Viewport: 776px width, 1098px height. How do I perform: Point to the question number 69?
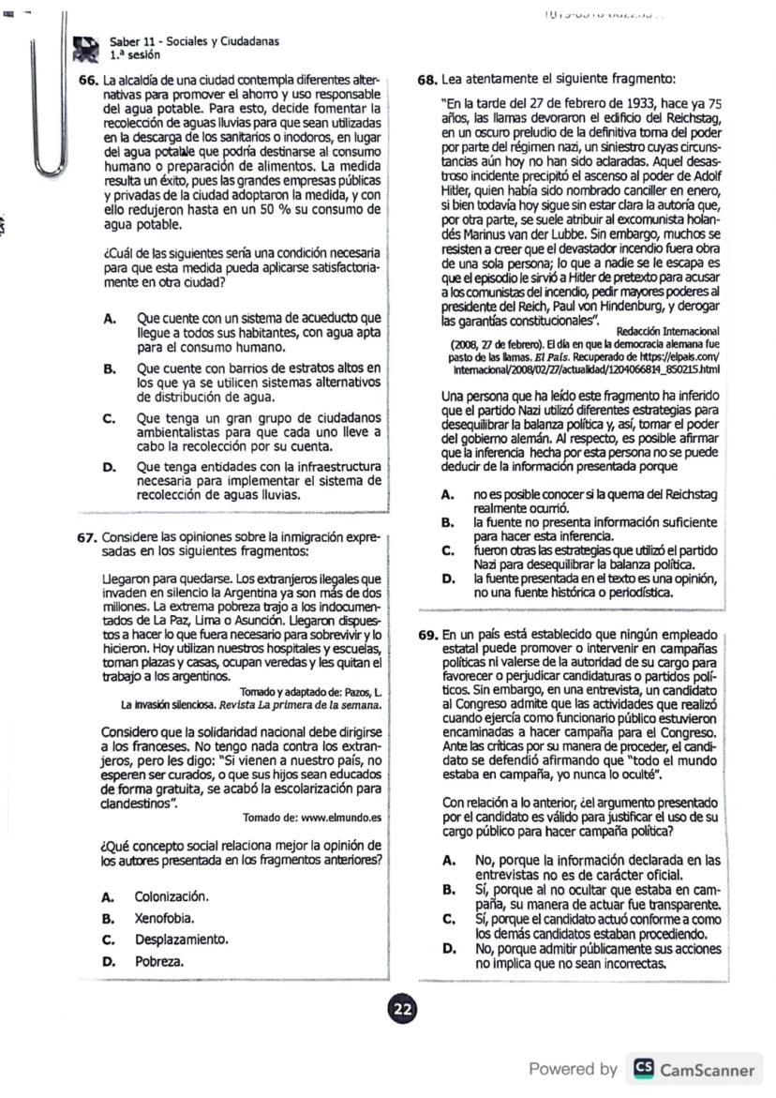[x=427, y=634]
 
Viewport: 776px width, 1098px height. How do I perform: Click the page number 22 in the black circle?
[x=402, y=1009]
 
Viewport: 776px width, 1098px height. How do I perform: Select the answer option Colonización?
[x=171, y=896]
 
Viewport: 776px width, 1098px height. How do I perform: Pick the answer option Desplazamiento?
[x=181, y=940]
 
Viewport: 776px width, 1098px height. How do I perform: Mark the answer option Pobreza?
[x=159, y=961]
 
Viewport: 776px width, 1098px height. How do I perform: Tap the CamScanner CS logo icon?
[x=644, y=1069]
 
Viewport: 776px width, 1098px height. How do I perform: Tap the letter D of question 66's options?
[x=109, y=466]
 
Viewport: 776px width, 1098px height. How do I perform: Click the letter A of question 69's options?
[x=450, y=859]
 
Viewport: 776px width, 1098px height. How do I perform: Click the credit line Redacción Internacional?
[x=667, y=330]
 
